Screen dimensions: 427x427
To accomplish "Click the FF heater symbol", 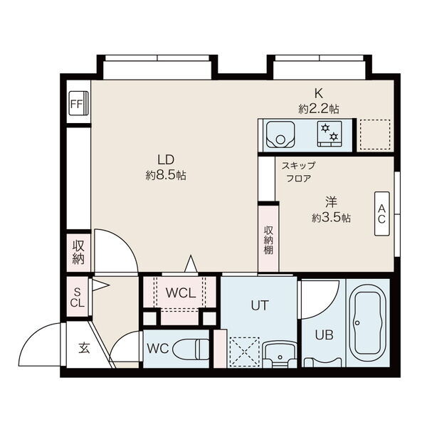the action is tap(78, 104).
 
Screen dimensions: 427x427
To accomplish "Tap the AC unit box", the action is tap(381, 213).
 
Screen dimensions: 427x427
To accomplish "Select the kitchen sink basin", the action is tap(280, 135).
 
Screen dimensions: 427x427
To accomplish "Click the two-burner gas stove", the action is tap(330, 134).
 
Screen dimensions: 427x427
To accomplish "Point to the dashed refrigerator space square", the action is tap(375, 135).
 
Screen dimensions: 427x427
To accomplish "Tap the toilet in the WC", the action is tap(191, 349).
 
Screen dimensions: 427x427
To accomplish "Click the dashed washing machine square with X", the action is tap(244, 352).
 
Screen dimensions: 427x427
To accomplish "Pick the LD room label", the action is tap(166, 160).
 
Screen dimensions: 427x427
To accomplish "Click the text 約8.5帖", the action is tap(166, 175).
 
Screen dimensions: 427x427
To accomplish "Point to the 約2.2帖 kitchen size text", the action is tap(319, 109).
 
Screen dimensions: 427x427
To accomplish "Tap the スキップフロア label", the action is tap(299, 172).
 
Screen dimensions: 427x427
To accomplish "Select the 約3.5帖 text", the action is tap(331, 218).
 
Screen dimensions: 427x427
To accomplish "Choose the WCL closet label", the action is tap(181, 293).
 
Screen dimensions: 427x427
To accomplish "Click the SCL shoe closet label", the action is tap(78, 298).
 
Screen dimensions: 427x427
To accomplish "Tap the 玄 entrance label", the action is tap(84, 348).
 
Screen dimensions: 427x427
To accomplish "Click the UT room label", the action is tap(260, 305).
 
